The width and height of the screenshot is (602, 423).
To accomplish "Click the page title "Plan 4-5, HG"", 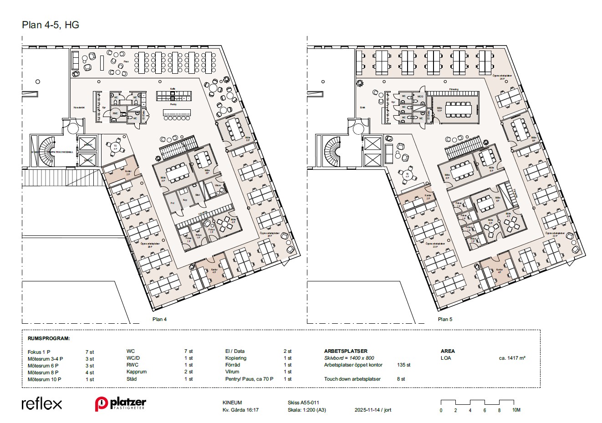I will pos(51,25).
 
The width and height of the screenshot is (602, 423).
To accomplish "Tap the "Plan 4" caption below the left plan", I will pos(159,319).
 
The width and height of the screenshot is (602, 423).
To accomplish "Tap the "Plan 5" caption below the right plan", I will pos(445,319).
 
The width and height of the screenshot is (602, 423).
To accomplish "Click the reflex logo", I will pos(41,403).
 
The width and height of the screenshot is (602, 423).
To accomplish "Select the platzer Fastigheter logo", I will pos(120,404).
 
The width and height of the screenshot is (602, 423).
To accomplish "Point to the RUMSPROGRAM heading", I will pos(49,339).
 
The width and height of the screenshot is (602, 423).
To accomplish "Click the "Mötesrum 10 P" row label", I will pos(44,379).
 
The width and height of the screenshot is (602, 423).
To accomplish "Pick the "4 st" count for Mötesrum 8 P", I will pos(90,372).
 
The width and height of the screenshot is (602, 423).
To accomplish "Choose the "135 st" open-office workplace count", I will pos(404,365).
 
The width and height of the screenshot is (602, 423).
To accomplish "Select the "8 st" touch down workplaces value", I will pos(401,379).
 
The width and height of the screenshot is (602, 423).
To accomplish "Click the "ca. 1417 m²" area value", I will pos(512,358).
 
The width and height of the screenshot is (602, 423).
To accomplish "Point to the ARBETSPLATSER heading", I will pos(346,351).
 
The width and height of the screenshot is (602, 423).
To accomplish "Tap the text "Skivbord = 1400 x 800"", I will pos(349,358).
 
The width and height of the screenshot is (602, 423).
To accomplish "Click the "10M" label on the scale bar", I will pos(516,410).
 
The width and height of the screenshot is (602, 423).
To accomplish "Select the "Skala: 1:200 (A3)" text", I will pos(307,410).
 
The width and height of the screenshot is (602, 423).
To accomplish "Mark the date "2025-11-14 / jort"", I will pos(372,410).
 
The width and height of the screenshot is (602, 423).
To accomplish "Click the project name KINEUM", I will pos(232,403).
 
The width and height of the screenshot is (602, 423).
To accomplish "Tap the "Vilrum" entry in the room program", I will pos(232,372).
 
